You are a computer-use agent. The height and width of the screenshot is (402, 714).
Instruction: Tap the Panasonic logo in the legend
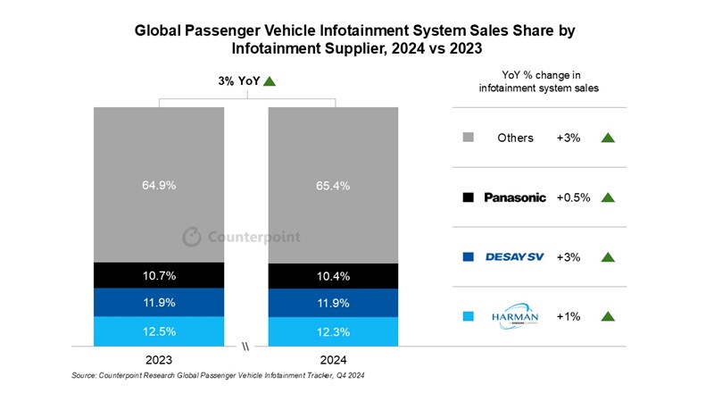coord(514,197)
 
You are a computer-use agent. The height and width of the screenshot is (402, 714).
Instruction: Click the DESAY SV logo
coord(514,257)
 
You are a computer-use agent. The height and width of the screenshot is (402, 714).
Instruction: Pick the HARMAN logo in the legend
coord(514,316)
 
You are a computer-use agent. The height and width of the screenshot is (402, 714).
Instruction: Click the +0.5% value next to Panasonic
coord(573,197)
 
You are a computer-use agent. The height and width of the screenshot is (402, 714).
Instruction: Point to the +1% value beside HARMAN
coord(569,316)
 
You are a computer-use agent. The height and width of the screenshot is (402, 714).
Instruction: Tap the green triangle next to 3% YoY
coord(270,81)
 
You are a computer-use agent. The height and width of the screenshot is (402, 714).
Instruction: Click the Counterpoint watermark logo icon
coord(192,237)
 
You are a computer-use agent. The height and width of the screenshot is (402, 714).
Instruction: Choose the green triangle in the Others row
coord(609,138)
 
